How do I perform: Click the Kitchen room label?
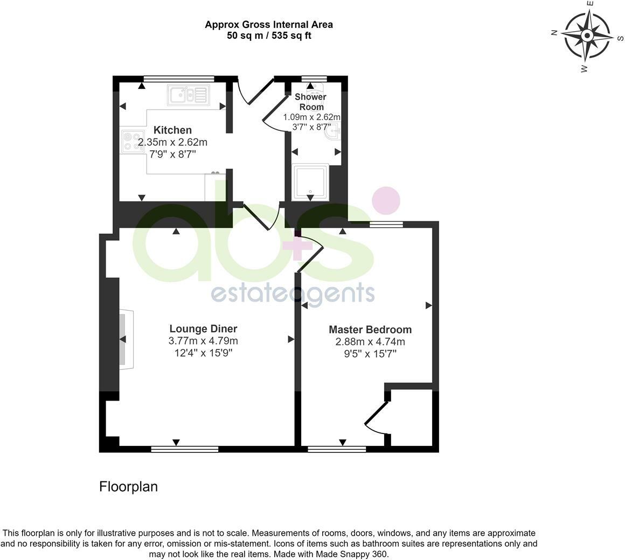pyautogui.click(x=172, y=130)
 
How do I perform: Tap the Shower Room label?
pyautogui.click(x=311, y=102)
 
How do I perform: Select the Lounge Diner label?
pyautogui.click(x=203, y=328)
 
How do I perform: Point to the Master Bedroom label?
pyautogui.click(x=370, y=330)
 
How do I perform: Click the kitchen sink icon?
pyautogui.click(x=189, y=96)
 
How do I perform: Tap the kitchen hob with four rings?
pyautogui.click(x=133, y=142)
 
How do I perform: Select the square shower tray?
pyautogui.click(x=310, y=183)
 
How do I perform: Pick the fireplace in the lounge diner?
pyautogui.click(x=127, y=339)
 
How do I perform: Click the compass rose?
pyautogui.click(x=587, y=36)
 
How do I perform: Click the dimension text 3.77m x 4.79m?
pyautogui.click(x=203, y=341)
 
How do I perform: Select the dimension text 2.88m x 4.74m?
pyautogui.click(x=370, y=342)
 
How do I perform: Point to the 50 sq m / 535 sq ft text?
pyautogui.click(x=269, y=36)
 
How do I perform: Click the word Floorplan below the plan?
pyautogui.click(x=128, y=486)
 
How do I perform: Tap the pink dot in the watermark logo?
pyautogui.click(x=386, y=200)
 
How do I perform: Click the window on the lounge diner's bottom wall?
pyautogui.click(x=185, y=449)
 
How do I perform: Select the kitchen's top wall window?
pyautogui.click(x=179, y=79)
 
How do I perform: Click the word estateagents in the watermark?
pyautogui.click(x=293, y=294)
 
